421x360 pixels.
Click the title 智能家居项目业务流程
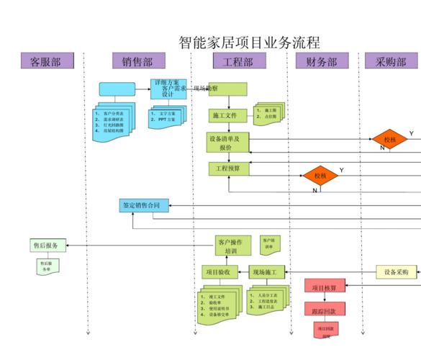tap(249, 42)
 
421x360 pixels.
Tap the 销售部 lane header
tap(137, 61)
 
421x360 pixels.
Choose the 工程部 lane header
tap(237, 61)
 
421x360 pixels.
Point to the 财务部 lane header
tap(322, 61)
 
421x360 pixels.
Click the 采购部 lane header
tap(391, 61)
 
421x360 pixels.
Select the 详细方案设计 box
tap(168, 89)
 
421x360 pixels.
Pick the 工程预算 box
tap(228, 168)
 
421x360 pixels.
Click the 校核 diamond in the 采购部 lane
tap(389, 140)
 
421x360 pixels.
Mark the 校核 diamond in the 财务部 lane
tap(320, 176)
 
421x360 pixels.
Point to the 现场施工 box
tap(267, 272)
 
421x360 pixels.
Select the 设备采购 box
tap(396, 272)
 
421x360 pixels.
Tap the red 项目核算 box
tap(325, 288)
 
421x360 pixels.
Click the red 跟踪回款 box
tap(325, 310)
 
